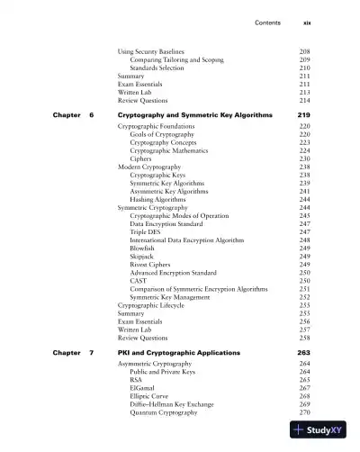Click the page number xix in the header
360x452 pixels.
(304, 22)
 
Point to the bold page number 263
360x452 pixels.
(303, 352)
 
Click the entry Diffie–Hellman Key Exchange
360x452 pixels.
(172, 403)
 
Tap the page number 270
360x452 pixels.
(304, 411)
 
